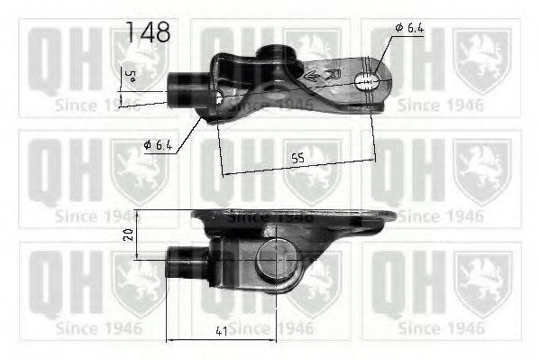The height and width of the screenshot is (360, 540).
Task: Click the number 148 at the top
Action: pyautogui.click(x=148, y=32)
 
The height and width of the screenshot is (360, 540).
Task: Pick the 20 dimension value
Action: pyautogui.click(x=129, y=234)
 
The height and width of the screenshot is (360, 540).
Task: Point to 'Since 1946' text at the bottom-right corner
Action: pyautogui.click(x=437, y=328)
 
